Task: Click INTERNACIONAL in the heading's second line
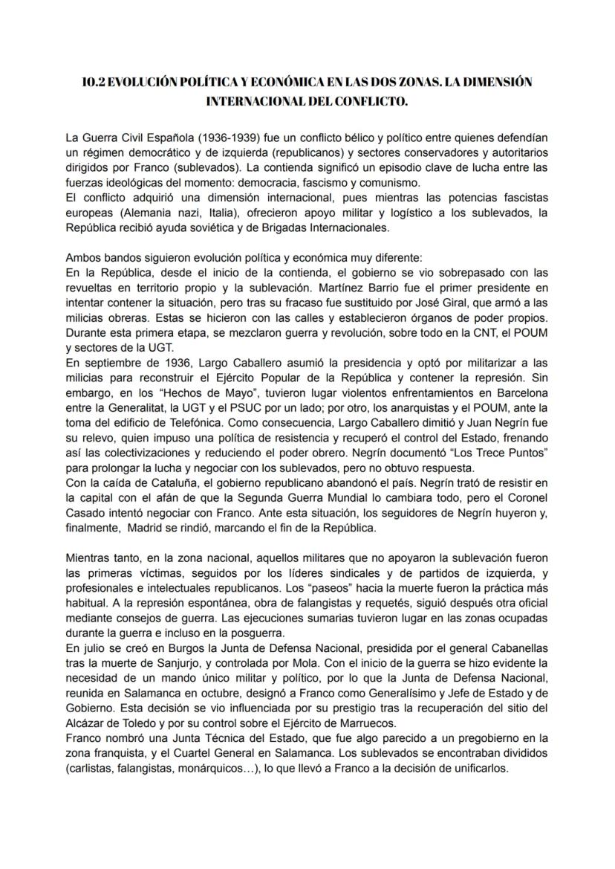pyautogui.click(x=260, y=100)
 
